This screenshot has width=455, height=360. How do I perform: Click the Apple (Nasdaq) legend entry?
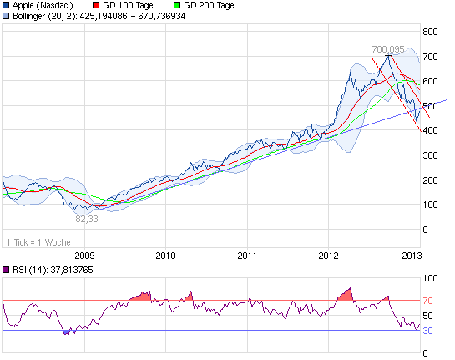pyautogui.click(x=48, y=5)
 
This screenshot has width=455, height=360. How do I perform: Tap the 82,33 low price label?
pyautogui.click(x=87, y=219)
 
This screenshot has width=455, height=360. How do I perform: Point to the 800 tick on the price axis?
pyautogui.click(x=432, y=32)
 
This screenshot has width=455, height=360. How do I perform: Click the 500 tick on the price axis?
pyautogui.click(x=432, y=106)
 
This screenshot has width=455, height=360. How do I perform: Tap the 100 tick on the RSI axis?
pyautogui.click(x=432, y=278)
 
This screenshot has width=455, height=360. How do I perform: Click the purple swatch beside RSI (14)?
pyautogui.click(x=6, y=270)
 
